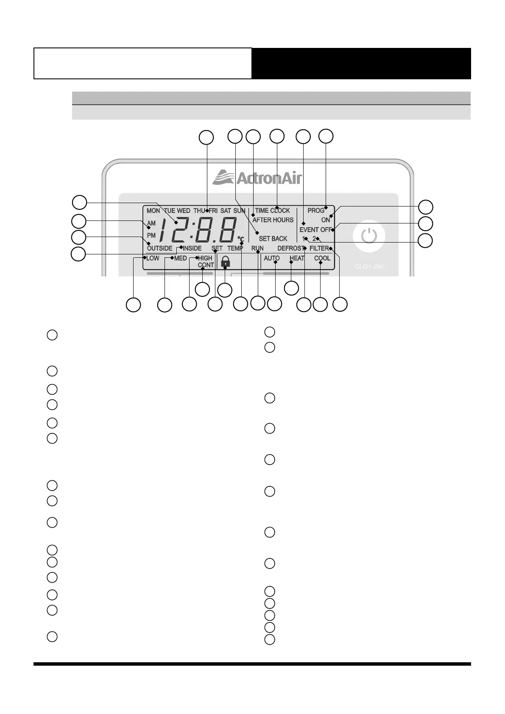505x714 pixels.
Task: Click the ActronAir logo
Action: tap(257, 177)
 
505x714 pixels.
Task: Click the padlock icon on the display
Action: tap(226, 261)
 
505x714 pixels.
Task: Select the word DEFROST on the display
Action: tap(291, 248)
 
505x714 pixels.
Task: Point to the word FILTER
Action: tap(319, 248)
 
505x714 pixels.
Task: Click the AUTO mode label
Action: tap(271, 258)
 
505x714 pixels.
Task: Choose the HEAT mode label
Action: tap(297, 258)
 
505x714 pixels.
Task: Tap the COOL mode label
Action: tap(322, 258)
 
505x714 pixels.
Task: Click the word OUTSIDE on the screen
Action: tap(159, 248)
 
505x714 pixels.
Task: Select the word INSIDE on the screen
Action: tap(192, 248)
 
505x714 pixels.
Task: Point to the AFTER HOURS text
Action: tap(273, 220)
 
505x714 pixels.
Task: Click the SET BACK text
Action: tap(273, 239)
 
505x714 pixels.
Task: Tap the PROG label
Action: tap(316, 211)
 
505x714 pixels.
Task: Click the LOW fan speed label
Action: tap(153, 258)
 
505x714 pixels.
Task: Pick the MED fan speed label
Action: tap(181, 258)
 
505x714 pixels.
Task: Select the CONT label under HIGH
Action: tap(206, 265)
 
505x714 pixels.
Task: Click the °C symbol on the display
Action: tap(240, 239)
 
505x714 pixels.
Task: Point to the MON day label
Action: tap(153, 211)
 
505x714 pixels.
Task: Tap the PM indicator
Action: tap(151, 235)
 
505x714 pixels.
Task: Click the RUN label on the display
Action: tap(257, 248)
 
